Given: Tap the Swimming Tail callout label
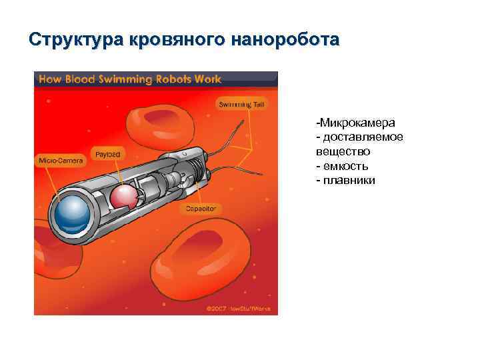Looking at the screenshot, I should coord(242,105).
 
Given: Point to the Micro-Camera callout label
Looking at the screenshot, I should coord(61,161).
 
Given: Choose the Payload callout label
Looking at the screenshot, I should coord(107,154).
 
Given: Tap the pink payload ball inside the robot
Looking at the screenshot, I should coord(123,197).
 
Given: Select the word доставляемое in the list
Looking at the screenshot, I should coord(363,137).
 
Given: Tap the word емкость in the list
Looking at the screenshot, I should coord(346,166).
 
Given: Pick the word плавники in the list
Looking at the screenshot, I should coord(349,180).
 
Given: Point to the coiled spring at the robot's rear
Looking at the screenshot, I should coord(194,164).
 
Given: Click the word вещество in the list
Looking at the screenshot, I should coord(343,151).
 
